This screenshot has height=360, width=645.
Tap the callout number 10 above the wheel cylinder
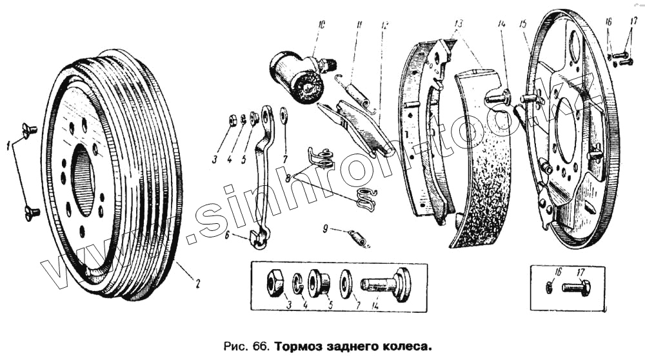point(321,25)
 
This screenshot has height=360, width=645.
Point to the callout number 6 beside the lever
point(227,236)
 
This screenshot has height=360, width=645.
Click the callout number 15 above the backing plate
point(523,24)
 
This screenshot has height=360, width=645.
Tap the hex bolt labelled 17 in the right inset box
point(576,288)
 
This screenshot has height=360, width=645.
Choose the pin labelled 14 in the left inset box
point(387,285)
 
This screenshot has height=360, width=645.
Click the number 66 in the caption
point(261,346)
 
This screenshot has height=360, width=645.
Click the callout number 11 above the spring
point(358,25)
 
